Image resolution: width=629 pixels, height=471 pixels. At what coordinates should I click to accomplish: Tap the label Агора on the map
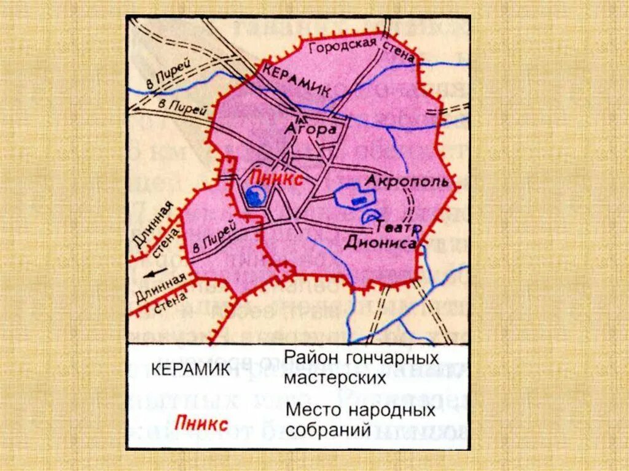(x=311, y=129)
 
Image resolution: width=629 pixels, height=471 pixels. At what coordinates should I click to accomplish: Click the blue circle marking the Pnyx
(x=254, y=196)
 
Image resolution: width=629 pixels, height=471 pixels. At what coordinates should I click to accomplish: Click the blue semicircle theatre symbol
(x=370, y=216)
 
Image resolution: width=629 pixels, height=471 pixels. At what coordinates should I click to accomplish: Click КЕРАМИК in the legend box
(x=190, y=370)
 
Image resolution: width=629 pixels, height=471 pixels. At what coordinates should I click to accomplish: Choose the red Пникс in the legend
(x=201, y=423)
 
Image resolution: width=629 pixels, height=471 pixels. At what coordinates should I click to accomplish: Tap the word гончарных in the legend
(x=394, y=358)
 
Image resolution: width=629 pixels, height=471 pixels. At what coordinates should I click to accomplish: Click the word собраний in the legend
(x=327, y=429)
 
